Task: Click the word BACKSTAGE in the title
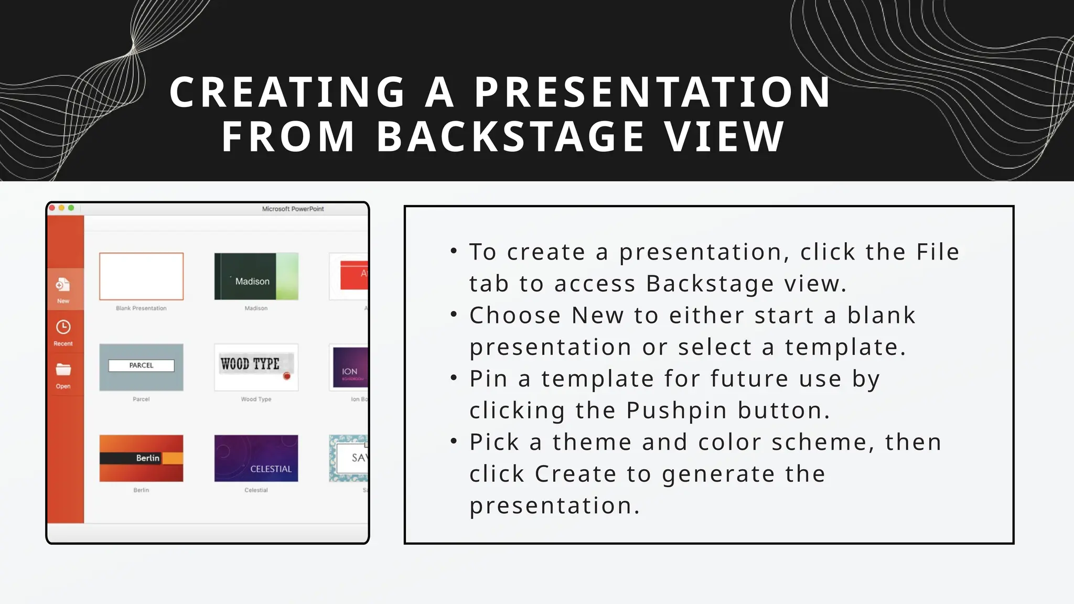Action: (510, 137)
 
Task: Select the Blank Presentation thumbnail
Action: (141, 276)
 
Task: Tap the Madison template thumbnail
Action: (256, 276)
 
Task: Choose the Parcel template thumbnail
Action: (141, 367)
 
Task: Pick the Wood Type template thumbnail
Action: (256, 367)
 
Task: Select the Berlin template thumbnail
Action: (141, 458)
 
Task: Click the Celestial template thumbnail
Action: (256, 458)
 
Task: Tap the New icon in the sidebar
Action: (63, 285)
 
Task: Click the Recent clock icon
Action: (63, 327)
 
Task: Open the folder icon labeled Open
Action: (63, 370)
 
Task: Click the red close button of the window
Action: (52, 208)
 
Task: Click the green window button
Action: (71, 208)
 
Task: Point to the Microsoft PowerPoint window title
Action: (293, 209)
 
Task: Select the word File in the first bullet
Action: (938, 252)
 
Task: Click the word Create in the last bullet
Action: (575, 474)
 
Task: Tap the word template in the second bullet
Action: (845, 347)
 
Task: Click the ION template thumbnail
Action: (349, 367)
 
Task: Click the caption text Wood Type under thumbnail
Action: (256, 399)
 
